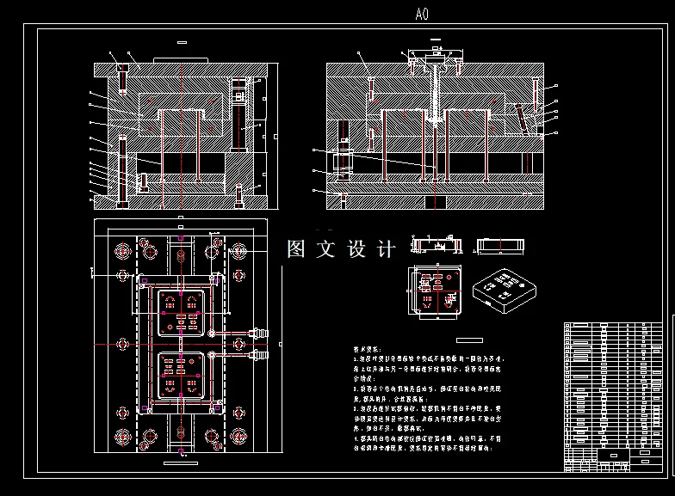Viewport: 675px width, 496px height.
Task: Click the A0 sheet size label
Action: pos(421,14)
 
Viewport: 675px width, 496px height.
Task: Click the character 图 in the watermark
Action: pos(296,249)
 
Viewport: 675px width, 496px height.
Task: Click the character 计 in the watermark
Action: pos(386,249)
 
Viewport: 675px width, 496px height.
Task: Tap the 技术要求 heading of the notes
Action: pos(366,350)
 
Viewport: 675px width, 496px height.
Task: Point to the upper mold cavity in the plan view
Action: pos(181,313)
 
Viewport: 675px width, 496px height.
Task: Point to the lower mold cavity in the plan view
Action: pos(181,377)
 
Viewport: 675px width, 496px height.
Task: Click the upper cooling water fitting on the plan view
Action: pos(256,329)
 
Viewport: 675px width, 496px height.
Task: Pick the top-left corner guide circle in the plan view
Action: pos(120,252)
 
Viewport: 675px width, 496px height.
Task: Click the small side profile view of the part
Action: pos(499,246)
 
